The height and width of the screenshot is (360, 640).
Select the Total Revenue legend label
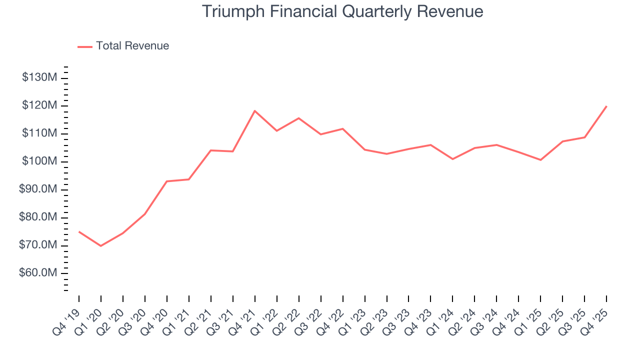pos(132,46)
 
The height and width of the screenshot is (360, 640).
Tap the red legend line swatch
pos(85,46)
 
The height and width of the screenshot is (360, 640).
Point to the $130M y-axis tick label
pos(39,78)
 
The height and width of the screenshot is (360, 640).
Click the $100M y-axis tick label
pos(39,161)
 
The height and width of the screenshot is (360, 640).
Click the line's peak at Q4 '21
pos(255,110)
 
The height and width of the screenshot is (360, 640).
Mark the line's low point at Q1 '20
pos(101,245)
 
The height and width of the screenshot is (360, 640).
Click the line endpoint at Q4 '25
pos(606,106)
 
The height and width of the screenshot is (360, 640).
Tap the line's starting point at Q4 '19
pos(79,231)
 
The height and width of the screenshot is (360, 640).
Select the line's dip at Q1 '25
pos(540,160)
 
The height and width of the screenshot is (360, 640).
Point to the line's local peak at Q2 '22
pos(298,118)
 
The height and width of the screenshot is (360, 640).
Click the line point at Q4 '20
pos(167,181)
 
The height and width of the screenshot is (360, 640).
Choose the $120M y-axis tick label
pos(39,106)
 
